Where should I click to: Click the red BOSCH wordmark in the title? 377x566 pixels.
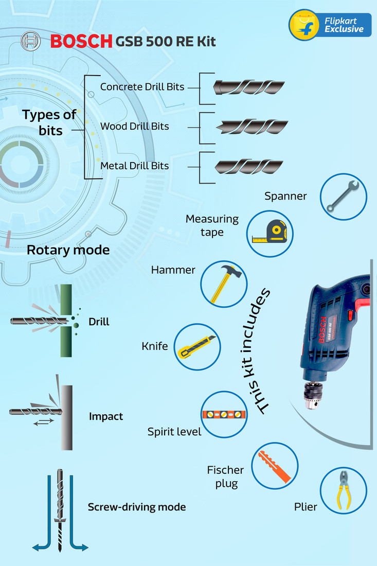click(x=81, y=41)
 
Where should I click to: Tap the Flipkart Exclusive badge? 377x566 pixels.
click(x=330, y=25)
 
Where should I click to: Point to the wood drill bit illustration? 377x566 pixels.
click(x=252, y=127)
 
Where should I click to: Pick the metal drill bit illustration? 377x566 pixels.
click(x=249, y=166)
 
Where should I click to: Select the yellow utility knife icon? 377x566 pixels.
click(x=197, y=347)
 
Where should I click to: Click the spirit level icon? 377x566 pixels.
click(x=223, y=415)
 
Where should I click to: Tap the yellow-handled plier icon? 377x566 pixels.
click(x=343, y=490)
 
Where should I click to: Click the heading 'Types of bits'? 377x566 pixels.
click(x=49, y=122)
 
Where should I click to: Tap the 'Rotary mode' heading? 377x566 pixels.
click(x=68, y=251)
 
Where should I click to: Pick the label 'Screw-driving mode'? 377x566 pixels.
click(x=137, y=507)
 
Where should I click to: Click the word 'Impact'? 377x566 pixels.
click(x=106, y=416)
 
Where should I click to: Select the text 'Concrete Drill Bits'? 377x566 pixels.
click(x=142, y=87)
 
